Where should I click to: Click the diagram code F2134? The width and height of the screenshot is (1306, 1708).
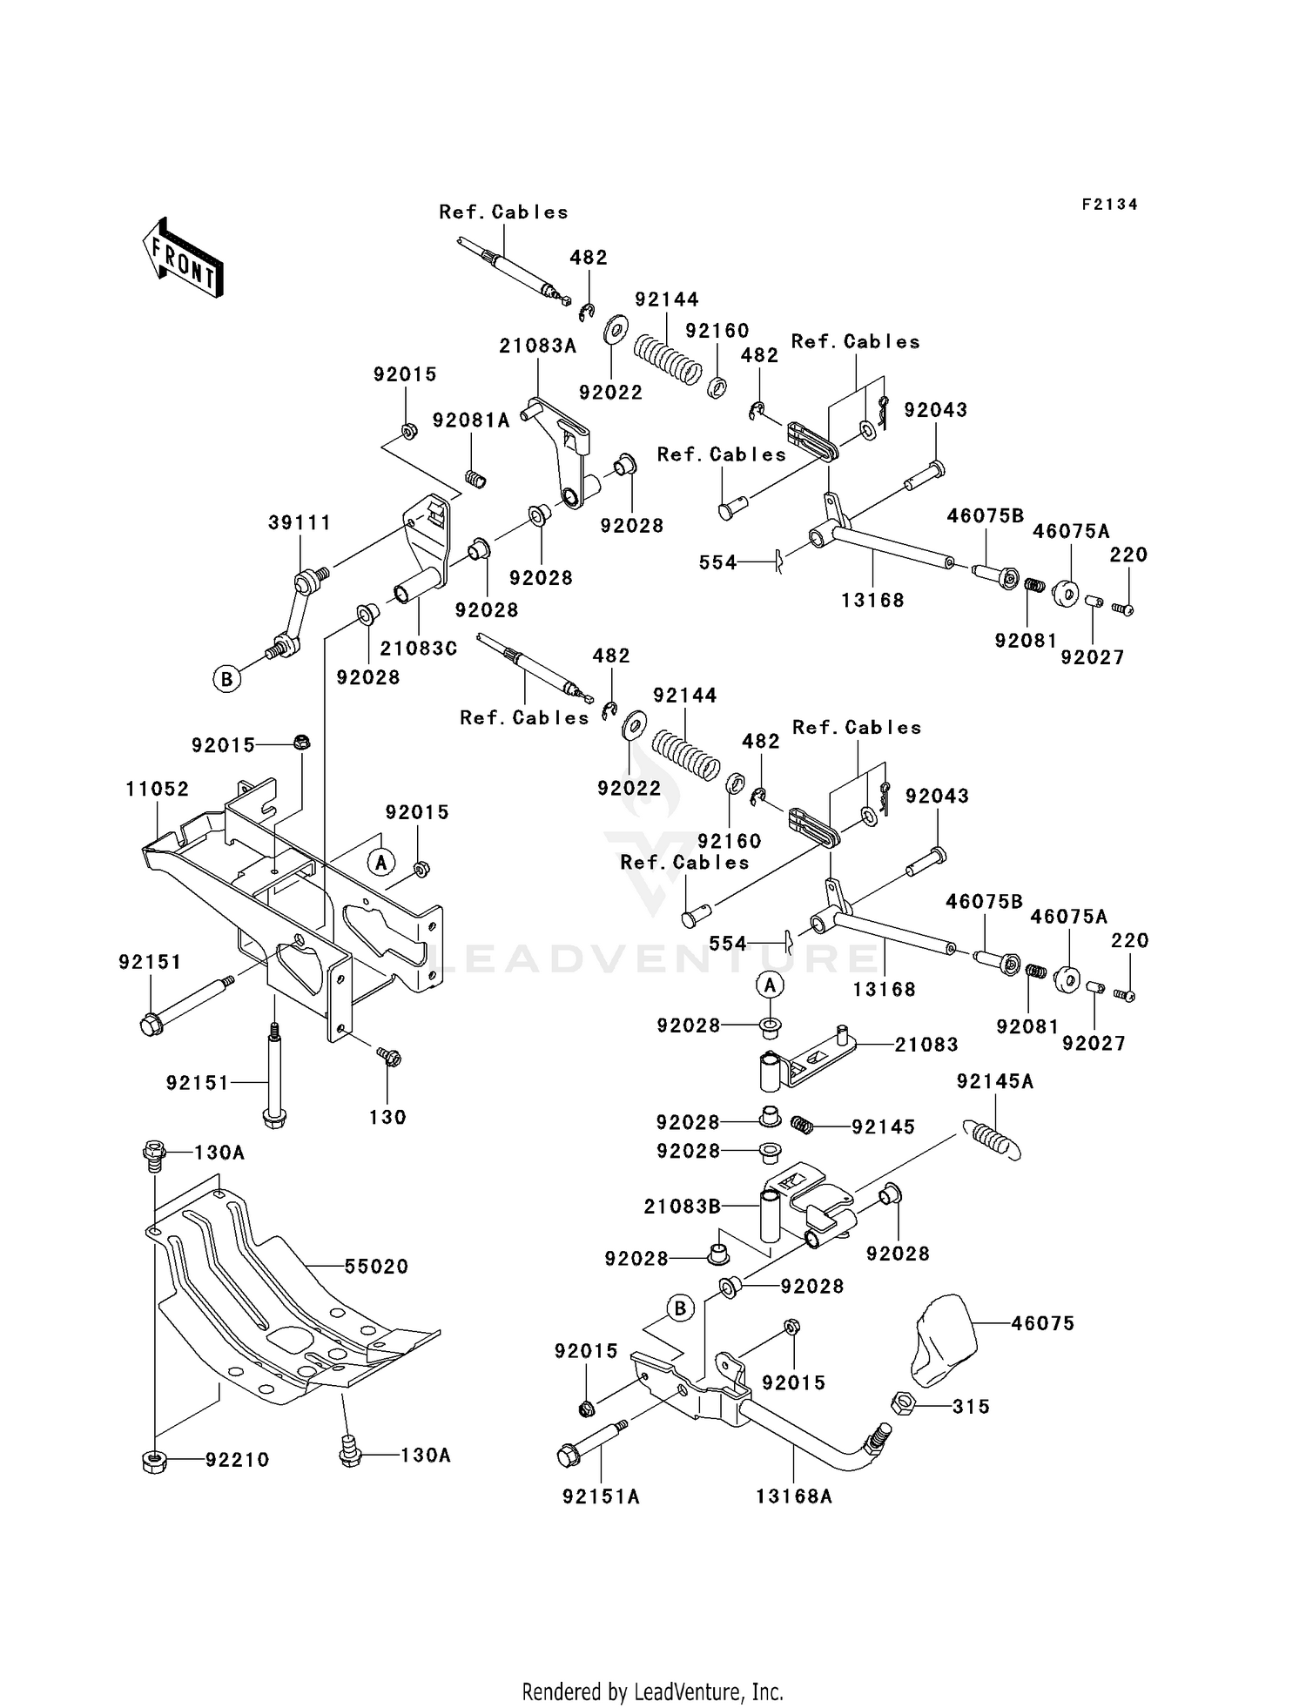(1109, 205)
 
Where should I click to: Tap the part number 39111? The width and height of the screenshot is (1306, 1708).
(300, 522)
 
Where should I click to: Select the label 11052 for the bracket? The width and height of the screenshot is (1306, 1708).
(157, 789)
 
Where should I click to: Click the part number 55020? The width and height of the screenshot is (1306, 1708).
(376, 1267)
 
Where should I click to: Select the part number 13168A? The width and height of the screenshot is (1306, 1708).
(794, 1496)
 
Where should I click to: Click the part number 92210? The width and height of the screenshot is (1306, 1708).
(237, 1460)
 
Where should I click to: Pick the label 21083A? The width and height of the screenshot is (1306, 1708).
(537, 346)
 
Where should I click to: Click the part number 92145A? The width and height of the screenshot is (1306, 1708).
(995, 1081)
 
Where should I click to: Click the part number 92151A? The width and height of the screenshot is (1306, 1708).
(601, 1496)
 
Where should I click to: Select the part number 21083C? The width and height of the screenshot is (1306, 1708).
(418, 649)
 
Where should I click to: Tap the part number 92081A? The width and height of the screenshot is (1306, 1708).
(471, 420)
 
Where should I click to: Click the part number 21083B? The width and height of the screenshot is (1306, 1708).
(683, 1207)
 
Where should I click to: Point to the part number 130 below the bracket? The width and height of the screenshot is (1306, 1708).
(387, 1117)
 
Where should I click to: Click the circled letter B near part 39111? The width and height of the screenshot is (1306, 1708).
(226, 678)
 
